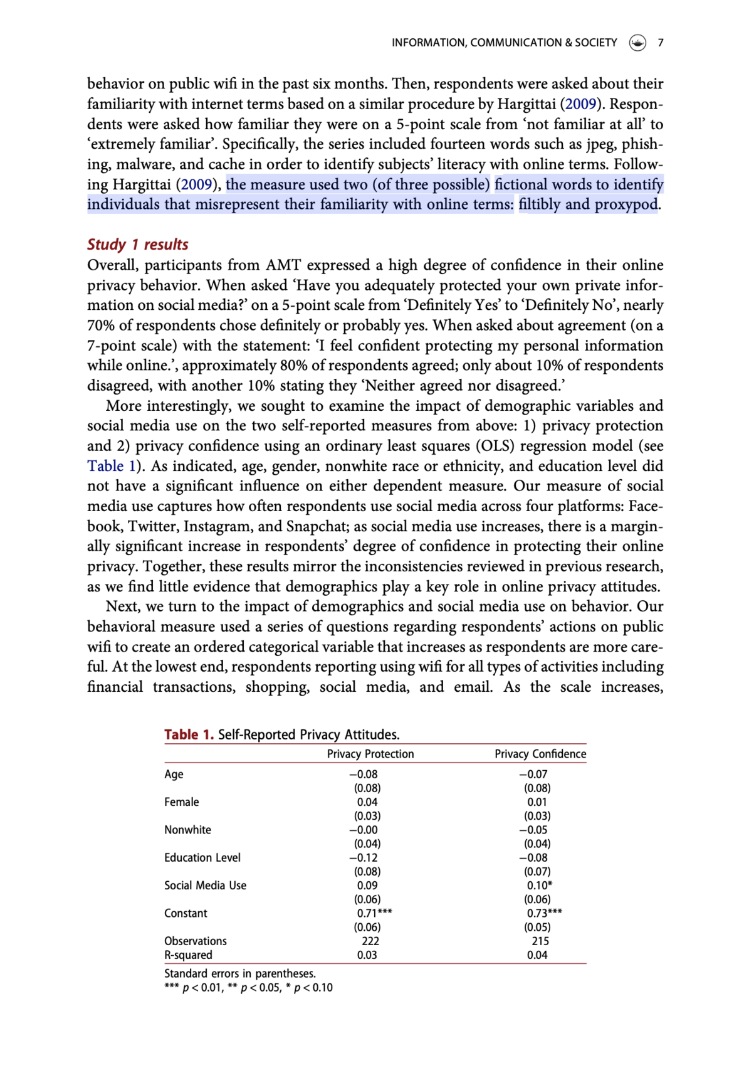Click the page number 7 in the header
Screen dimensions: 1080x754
point(660,43)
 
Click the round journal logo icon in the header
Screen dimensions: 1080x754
point(637,43)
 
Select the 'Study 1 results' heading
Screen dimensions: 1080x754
point(137,245)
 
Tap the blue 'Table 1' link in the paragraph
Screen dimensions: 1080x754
point(111,466)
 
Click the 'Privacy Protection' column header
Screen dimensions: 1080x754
point(370,754)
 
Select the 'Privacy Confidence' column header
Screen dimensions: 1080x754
point(540,754)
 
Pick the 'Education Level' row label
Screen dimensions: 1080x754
point(202,857)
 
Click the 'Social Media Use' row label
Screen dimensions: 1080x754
point(205,886)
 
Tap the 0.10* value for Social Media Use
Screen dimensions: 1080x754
point(540,886)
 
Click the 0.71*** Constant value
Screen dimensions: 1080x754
point(374,913)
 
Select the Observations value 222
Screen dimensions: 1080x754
point(370,941)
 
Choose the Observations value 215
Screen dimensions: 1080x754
point(540,941)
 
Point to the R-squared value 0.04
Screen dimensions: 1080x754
point(537,955)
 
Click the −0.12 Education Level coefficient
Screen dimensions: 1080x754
point(364,857)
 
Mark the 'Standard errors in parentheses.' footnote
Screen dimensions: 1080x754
point(239,973)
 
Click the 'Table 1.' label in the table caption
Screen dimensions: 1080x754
point(189,734)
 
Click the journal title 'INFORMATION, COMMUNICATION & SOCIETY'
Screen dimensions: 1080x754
point(504,43)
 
